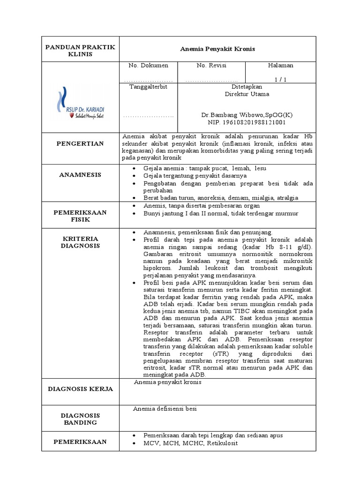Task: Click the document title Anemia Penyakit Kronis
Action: click(x=217, y=49)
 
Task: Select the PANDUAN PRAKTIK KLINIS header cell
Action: click(x=80, y=50)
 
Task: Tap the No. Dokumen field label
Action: click(x=149, y=65)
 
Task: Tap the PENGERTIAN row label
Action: click(x=80, y=143)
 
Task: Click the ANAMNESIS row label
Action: click(x=80, y=175)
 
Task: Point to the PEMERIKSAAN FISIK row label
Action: click(x=80, y=216)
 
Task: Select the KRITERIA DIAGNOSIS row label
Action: click(x=80, y=242)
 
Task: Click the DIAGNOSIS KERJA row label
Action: click(x=80, y=389)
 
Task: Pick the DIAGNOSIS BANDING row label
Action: click(x=80, y=419)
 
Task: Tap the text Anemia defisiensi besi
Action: click(x=165, y=409)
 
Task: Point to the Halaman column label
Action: click(x=280, y=65)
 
